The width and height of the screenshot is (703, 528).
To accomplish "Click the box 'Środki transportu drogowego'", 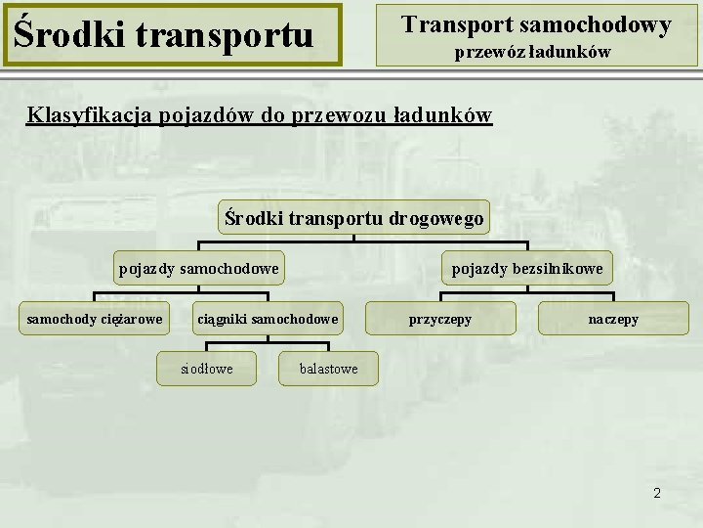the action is click(x=353, y=217).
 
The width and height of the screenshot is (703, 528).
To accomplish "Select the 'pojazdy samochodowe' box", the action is click(x=198, y=268).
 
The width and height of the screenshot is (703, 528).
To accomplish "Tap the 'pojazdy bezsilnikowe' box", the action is click(x=526, y=268).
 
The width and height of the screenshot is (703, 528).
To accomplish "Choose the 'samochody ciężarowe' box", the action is click(x=95, y=319).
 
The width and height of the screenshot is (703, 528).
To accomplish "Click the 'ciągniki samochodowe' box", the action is click(x=268, y=319).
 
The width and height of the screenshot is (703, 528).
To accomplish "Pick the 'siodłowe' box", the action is click(x=207, y=369).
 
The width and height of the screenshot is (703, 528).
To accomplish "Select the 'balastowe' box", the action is click(x=328, y=369).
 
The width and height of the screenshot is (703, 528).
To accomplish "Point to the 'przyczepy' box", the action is click(x=439, y=319).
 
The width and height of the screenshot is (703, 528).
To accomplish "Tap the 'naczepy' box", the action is click(x=613, y=319).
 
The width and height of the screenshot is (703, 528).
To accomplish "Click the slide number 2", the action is click(x=657, y=494).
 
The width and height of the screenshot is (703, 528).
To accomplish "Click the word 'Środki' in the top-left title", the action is click(x=60, y=35).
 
